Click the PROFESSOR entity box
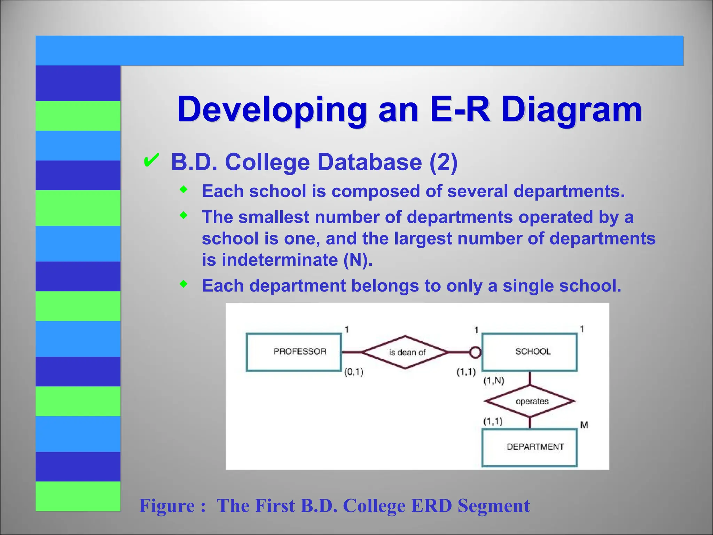click(293, 352)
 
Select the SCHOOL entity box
click(529, 352)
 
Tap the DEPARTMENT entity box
click(529, 447)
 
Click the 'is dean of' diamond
click(405, 352)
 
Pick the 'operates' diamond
click(530, 401)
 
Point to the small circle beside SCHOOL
click(475, 352)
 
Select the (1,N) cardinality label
click(494, 380)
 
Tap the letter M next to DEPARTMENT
click(584, 425)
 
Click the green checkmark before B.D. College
click(151, 160)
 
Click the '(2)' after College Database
click(443, 162)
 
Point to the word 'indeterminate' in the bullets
click(279, 260)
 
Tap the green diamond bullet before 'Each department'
click(183, 284)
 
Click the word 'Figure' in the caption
click(167, 506)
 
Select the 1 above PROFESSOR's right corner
click(347, 329)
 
